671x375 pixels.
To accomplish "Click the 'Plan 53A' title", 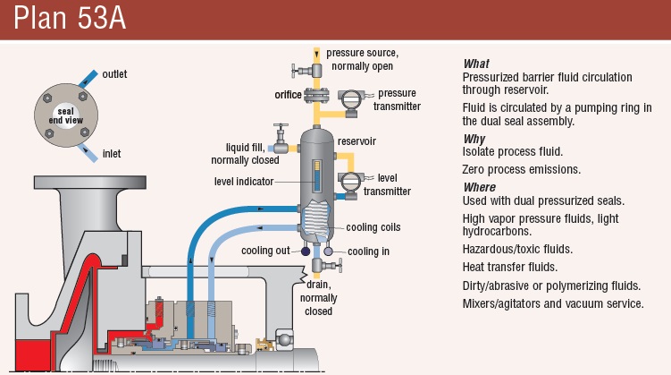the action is [70, 18].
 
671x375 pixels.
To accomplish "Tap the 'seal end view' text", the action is [66, 115].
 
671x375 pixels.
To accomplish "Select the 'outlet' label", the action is [114, 73].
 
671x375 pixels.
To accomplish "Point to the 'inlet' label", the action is [112, 153].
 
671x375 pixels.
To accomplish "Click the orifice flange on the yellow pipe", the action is [316, 95].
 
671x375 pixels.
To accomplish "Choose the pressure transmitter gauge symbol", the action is [351, 101].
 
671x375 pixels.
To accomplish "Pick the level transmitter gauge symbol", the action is [350, 182].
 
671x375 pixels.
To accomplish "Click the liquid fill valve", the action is [281, 140].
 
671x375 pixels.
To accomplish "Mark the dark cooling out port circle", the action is [306, 251].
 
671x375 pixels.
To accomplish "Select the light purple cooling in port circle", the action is [328, 251].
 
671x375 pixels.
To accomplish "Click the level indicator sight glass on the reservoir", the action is [316, 175].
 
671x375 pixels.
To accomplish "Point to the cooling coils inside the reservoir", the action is [316, 219].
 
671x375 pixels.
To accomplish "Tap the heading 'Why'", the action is [474, 140].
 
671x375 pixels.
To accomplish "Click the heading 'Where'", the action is [480, 187].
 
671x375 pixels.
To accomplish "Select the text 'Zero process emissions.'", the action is [521, 170].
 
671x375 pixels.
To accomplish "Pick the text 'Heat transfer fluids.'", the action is [509, 268].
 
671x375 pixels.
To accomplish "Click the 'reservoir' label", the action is [356, 141].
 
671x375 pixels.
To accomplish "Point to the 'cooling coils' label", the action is [373, 227].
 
